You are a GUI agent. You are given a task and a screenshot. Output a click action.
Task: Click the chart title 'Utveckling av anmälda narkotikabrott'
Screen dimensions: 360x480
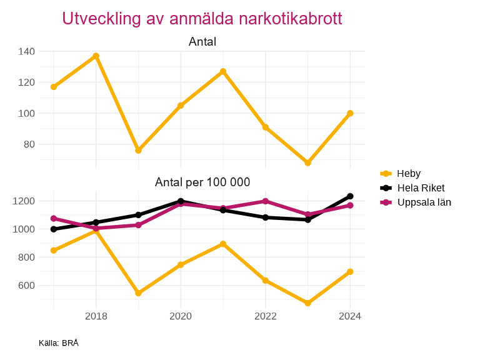(202, 19)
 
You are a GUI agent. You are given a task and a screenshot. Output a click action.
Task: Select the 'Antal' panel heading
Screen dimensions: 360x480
(202, 42)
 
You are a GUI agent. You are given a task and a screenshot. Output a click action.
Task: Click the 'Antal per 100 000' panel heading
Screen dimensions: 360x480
(202, 182)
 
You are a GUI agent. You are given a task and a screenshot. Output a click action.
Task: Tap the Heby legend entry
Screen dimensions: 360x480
(408, 173)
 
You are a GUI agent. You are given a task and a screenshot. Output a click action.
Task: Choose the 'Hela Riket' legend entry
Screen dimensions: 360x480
(421, 187)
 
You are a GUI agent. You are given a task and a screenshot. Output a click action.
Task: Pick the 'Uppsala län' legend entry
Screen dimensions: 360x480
(424, 202)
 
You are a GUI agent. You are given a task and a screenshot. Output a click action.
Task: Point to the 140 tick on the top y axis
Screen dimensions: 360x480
(26, 51)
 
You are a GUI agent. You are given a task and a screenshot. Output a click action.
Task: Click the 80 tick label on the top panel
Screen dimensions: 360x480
(29, 144)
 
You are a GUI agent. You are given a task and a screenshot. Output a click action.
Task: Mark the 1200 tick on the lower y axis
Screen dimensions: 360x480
(24, 201)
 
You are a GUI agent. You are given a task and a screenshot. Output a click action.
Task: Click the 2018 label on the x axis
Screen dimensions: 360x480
(96, 316)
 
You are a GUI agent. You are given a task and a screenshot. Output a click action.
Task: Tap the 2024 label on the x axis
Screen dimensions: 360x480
(350, 316)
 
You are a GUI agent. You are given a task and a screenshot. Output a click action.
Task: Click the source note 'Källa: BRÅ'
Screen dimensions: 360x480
(59, 343)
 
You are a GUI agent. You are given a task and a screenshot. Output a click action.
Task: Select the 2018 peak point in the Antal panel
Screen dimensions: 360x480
(96, 56)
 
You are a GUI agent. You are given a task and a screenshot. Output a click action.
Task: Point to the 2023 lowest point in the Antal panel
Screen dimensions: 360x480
(307, 163)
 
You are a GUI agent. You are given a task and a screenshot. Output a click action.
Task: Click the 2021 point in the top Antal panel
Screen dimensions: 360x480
(223, 71)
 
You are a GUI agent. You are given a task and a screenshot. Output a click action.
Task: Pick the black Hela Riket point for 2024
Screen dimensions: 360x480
(350, 196)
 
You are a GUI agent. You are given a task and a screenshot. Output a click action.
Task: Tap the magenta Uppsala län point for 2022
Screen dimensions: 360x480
(265, 201)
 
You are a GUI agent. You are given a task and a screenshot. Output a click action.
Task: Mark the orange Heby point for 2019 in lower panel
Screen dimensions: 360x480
(138, 293)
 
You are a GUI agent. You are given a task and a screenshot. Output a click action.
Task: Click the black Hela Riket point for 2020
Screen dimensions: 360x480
(181, 201)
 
